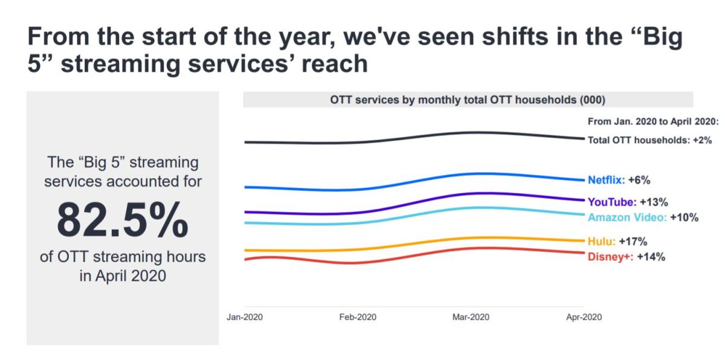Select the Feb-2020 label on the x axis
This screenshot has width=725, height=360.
358,317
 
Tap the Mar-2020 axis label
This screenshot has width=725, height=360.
471,317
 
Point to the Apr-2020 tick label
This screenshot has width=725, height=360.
584,317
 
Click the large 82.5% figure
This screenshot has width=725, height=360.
123,221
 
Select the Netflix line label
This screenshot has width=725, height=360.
606,180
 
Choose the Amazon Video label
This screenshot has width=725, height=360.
627,217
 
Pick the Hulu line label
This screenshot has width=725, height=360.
602,242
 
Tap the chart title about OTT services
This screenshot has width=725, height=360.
468,100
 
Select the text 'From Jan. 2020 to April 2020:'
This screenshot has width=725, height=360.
652,121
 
